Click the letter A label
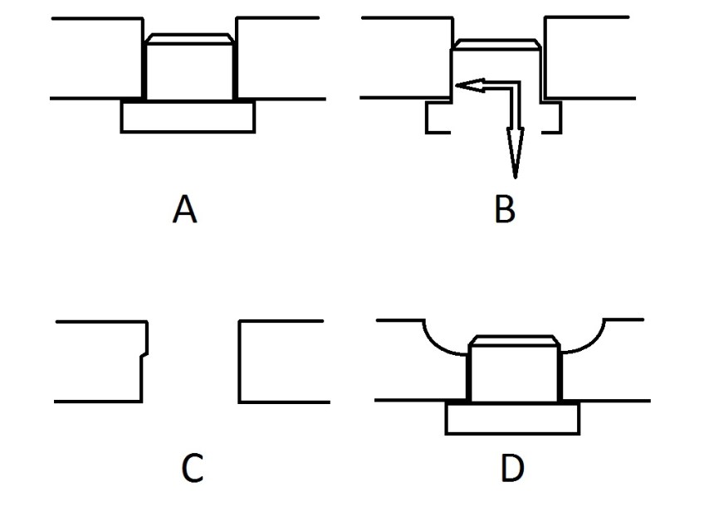184,209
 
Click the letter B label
504,209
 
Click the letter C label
192,468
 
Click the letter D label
512,468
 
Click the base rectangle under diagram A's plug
188,117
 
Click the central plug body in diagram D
514,374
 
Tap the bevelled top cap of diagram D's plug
514,340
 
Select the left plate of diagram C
100,361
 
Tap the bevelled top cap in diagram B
496,43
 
